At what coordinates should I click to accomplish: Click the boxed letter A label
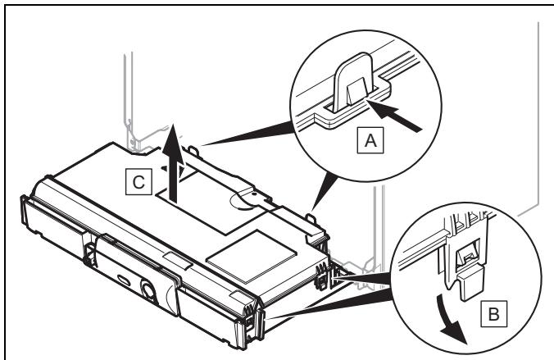[x=370, y=140]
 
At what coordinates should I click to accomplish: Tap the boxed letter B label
[x=493, y=314]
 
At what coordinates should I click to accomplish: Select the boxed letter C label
[x=138, y=182]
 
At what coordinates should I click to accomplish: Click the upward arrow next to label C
[x=173, y=162]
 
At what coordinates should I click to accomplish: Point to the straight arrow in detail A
[x=395, y=115]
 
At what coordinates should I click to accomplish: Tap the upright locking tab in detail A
[x=353, y=82]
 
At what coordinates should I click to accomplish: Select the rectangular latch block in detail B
[x=470, y=282]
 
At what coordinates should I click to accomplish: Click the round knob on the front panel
[x=148, y=289]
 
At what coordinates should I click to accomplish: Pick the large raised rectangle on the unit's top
[x=252, y=257]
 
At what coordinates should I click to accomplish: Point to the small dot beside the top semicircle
[x=254, y=194]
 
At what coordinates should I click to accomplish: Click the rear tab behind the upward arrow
[x=193, y=150]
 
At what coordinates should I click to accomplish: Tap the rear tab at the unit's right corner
[x=311, y=218]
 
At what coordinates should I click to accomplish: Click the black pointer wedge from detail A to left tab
[x=247, y=134]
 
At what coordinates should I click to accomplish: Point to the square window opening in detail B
[x=467, y=257]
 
